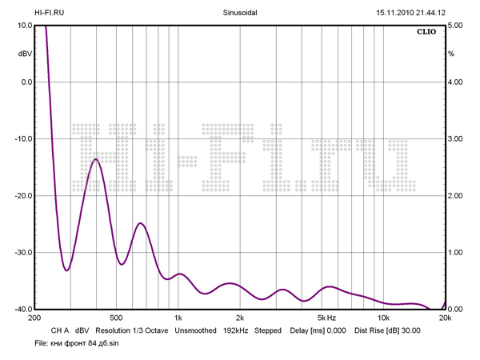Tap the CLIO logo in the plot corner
426,34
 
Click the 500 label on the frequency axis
116,318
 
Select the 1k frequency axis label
178,318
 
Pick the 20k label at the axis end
445,318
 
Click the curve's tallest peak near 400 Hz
96,159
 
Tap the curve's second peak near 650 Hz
140,223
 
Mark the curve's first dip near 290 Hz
66,270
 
